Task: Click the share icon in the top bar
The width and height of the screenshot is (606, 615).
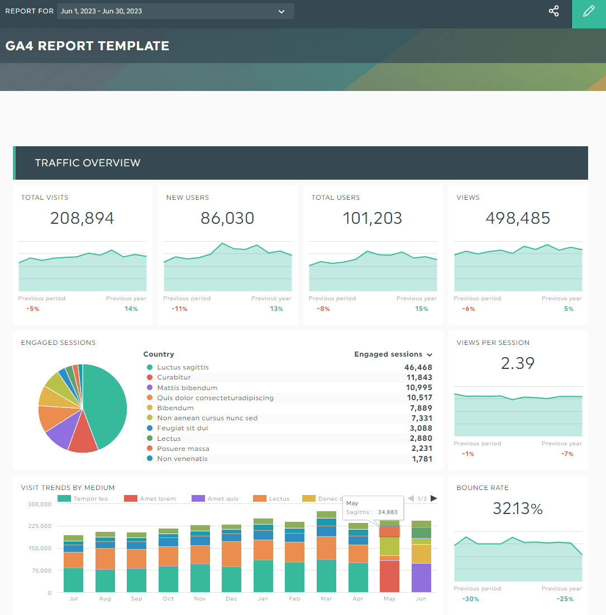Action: [553, 11]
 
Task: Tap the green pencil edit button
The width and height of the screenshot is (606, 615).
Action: [589, 11]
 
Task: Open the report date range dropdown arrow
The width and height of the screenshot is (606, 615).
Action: [281, 12]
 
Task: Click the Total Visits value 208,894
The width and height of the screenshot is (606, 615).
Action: [82, 218]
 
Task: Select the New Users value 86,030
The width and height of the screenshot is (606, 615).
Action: [227, 218]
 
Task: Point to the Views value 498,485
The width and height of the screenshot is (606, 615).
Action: [518, 218]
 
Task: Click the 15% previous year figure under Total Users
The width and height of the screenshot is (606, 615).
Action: [422, 309]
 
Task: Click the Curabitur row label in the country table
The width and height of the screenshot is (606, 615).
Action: [174, 377]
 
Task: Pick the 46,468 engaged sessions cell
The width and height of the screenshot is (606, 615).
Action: [418, 367]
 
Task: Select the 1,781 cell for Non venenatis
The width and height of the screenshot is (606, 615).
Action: [421, 459]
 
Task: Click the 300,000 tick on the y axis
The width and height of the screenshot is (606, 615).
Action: [39, 504]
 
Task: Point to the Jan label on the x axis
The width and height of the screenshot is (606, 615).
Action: [263, 598]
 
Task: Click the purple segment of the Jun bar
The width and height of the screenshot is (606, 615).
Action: [421, 578]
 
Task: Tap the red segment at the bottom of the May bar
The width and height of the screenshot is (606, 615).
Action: [389, 576]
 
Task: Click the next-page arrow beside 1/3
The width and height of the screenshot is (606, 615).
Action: [434, 498]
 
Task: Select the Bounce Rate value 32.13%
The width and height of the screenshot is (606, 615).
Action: [518, 508]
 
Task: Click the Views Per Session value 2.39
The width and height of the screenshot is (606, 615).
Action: [518, 363]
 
